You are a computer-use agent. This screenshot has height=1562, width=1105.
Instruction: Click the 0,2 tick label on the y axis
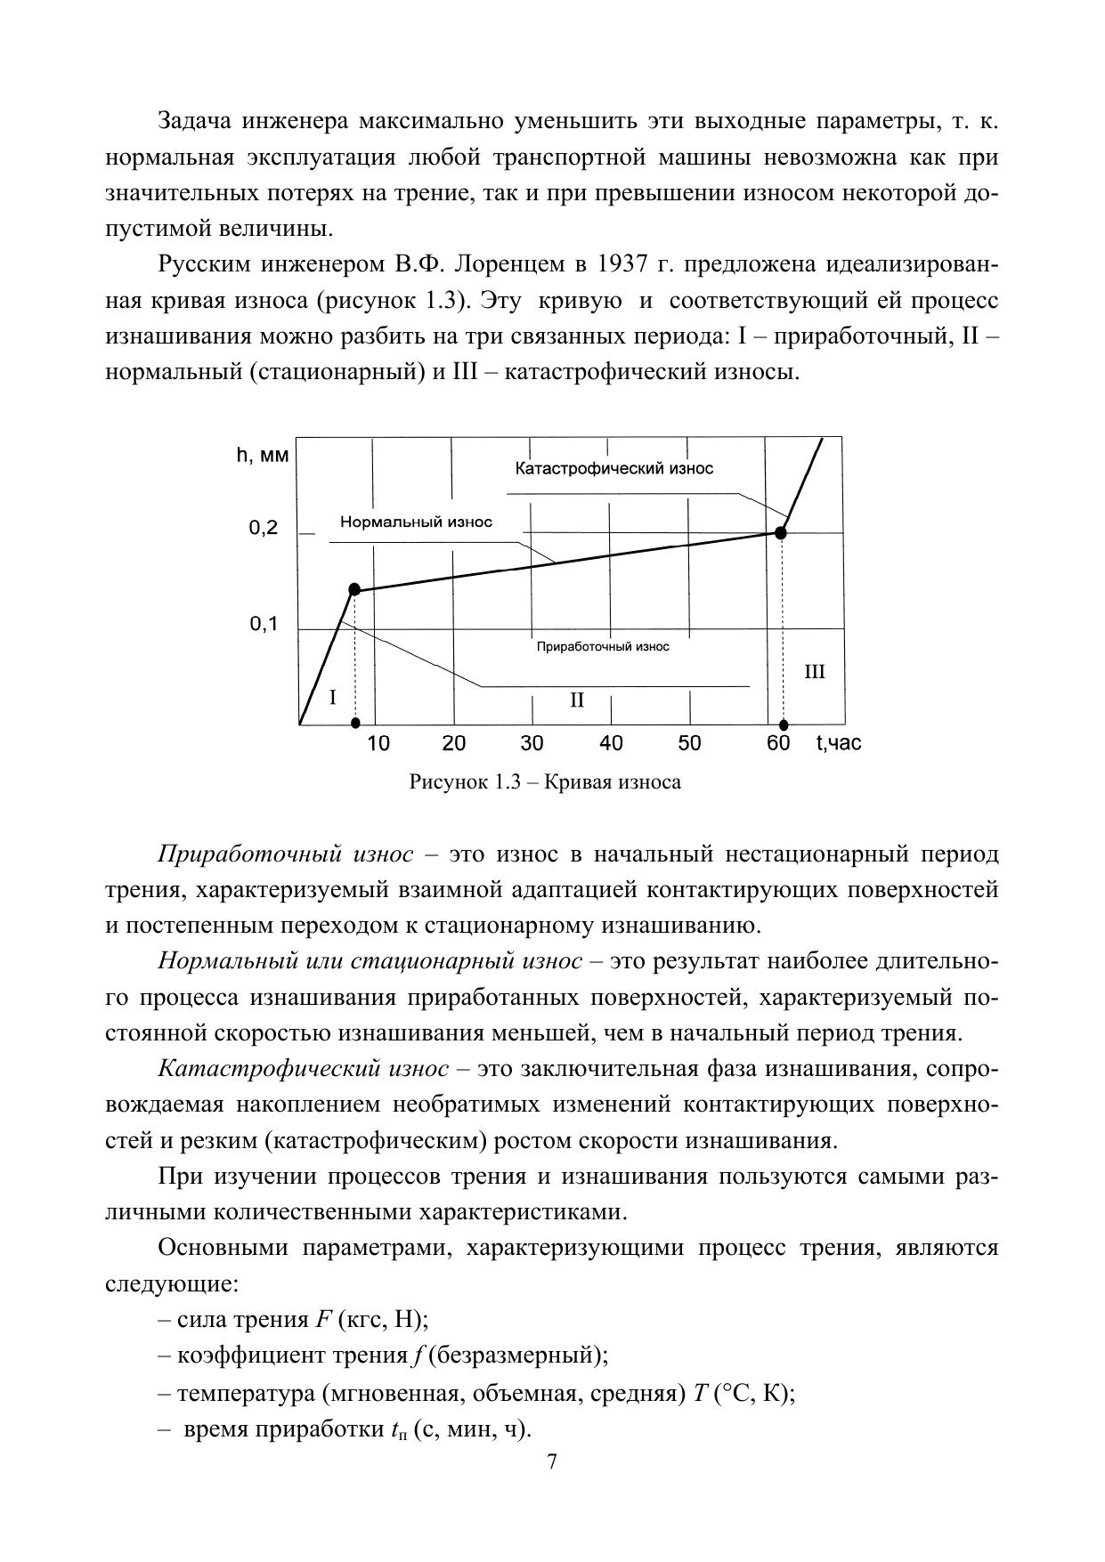tap(263, 529)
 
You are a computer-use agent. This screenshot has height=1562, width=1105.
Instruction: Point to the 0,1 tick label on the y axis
tap(263, 625)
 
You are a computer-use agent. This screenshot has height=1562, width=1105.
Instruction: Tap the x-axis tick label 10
tap(378, 743)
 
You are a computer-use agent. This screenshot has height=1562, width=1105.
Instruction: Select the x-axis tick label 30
tap(532, 743)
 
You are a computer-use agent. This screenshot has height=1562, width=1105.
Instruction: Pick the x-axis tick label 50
tap(689, 743)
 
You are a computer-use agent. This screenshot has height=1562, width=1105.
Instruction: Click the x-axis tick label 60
tap(778, 743)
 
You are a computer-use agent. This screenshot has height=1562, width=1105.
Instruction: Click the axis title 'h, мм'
tap(262, 456)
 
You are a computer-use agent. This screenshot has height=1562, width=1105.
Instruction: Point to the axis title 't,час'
tap(839, 743)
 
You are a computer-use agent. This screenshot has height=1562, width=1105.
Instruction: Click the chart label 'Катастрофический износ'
tap(614, 469)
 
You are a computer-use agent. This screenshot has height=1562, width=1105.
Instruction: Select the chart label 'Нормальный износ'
tap(416, 522)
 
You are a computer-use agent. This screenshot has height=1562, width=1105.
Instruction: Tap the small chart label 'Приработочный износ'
tap(603, 647)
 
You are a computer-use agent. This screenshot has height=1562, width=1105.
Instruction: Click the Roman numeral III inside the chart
tap(815, 672)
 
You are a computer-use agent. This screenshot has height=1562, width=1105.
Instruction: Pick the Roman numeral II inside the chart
tap(577, 700)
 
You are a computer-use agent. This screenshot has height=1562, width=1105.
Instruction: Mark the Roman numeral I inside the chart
tap(332, 698)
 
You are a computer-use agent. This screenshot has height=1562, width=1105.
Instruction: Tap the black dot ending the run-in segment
tap(353, 589)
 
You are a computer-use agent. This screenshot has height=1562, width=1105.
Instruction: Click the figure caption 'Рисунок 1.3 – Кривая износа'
tap(545, 782)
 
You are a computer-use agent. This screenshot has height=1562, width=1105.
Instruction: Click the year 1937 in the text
tap(623, 265)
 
